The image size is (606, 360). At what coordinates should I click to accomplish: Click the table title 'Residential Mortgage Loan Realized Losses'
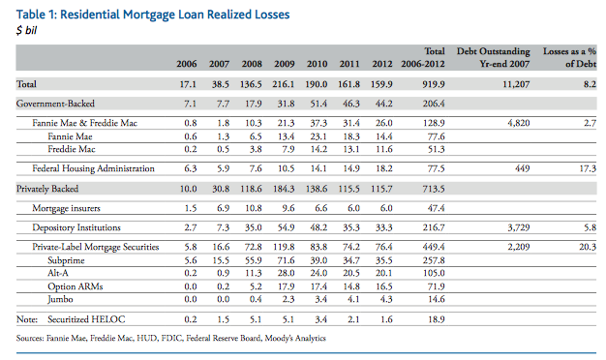pyautogui.click(x=174, y=15)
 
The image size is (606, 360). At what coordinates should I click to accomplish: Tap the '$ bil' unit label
pyautogui.click(x=26, y=30)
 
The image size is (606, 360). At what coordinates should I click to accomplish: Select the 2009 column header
pyautogui.click(x=285, y=64)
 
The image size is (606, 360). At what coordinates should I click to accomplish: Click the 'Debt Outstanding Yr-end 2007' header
pyautogui.click(x=493, y=57)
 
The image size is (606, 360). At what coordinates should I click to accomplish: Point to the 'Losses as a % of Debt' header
pyautogui.click(x=569, y=57)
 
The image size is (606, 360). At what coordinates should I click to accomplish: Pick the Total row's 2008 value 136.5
pyautogui.click(x=251, y=84)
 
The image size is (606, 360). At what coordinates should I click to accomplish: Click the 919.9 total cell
pyautogui.click(x=434, y=84)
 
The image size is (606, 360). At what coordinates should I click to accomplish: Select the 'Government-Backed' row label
pyautogui.click(x=55, y=104)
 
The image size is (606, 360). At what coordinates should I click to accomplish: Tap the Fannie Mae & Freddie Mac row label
pyautogui.click(x=84, y=123)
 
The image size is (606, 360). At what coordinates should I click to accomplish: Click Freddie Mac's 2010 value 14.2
pyautogui.click(x=318, y=149)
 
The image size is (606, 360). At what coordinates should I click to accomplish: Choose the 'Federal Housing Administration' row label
pyautogui.click(x=93, y=168)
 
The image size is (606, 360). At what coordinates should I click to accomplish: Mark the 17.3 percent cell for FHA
pyautogui.click(x=588, y=168)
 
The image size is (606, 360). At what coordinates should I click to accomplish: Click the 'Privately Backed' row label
pyautogui.click(x=47, y=189)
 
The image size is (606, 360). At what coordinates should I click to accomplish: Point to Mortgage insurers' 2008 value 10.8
pyautogui.click(x=253, y=208)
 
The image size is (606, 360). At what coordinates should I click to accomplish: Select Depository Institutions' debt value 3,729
pyautogui.click(x=519, y=227)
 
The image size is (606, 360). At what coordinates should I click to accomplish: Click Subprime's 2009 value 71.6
pyautogui.click(x=286, y=260)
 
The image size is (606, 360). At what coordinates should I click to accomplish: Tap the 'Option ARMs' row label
pyautogui.click(x=75, y=286)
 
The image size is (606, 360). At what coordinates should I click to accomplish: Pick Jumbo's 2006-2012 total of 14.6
pyautogui.click(x=436, y=299)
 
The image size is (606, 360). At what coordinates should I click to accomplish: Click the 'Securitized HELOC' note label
pyautogui.click(x=86, y=319)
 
